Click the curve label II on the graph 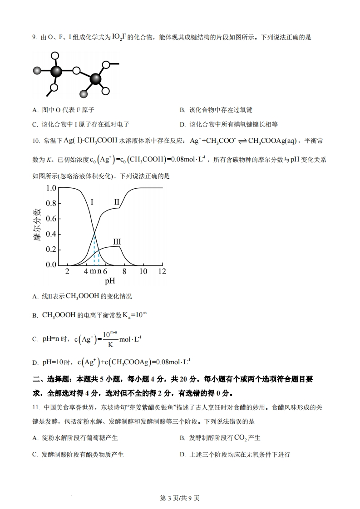(117, 201)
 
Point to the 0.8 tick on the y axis (51, 203)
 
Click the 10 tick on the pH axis (143, 271)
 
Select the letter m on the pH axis (92, 271)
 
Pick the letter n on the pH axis (99, 271)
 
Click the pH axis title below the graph (110, 281)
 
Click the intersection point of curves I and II (94, 233)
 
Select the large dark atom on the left (56, 71)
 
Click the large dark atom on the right (96, 79)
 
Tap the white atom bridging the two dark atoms (76, 71)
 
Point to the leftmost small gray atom (36, 71)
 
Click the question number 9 (34, 38)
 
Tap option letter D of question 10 (35, 363)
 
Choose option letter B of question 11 (182, 438)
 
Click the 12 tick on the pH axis (162, 271)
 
